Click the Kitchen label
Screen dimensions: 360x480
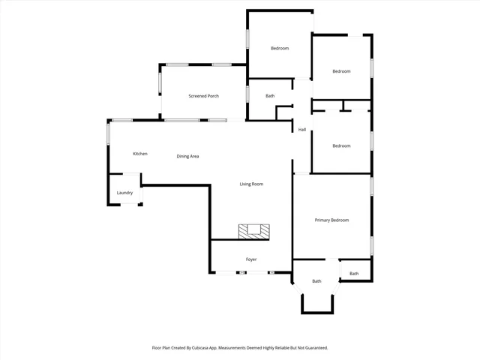tap(140, 154)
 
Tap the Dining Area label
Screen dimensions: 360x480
tap(187, 156)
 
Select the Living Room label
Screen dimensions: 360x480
tap(251, 184)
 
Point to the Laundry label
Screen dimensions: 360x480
tap(124, 193)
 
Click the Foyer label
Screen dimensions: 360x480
tap(251, 259)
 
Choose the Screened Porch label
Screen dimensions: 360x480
tap(203, 96)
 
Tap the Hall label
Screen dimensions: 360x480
tap(301, 130)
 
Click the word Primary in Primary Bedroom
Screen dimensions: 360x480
tap(322, 220)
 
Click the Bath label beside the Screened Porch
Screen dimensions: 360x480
tap(270, 96)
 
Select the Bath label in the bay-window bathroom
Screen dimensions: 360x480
tap(316, 281)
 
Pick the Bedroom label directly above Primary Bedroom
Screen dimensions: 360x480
tap(341, 145)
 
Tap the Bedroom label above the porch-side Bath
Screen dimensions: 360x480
tap(280, 49)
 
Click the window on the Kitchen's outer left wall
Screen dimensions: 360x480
tap(109, 136)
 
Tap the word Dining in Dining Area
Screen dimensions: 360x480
tap(183, 156)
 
